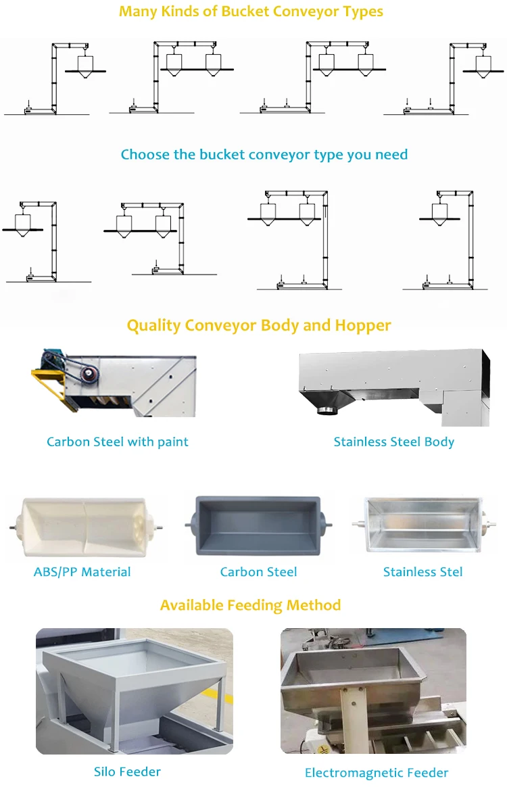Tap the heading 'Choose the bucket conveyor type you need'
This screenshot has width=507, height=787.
tap(264, 155)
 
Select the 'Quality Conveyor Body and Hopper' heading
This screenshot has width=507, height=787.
tap(259, 325)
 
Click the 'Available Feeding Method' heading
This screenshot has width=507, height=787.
tap(250, 605)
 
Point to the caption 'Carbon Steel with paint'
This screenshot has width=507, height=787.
tap(118, 442)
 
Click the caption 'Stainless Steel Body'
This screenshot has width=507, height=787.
tap(393, 442)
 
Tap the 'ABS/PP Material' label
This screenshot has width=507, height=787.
tap(82, 572)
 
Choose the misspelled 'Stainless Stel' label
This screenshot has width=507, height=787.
tap(422, 572)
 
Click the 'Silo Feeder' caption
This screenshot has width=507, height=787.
tap(127, 771)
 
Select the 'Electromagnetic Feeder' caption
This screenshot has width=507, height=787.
tap(377, 773)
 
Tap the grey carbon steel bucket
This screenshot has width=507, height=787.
tap(259, 525)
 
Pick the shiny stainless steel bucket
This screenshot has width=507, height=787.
tap(422, 525)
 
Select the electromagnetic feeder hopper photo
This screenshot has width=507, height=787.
tap(373, 691)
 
